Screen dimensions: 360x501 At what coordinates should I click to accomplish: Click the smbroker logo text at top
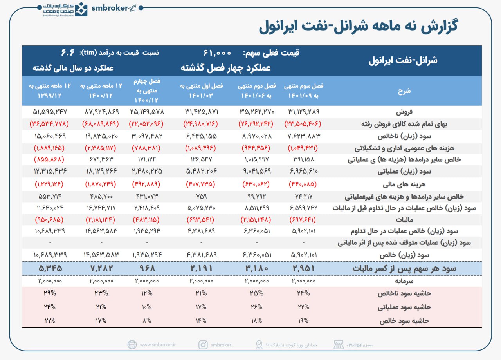point(109,8)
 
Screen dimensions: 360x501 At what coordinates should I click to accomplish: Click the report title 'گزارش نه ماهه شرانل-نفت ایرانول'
point(358,27)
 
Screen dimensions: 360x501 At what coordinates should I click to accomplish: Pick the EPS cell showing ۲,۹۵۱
point(303,268)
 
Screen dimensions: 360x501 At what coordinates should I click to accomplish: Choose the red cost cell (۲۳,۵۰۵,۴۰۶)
point(303,124)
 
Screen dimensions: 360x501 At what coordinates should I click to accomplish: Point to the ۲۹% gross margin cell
point(49,293)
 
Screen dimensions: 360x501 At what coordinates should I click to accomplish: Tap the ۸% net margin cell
point(147,320)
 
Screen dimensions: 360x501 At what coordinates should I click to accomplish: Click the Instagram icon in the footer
point(203,345)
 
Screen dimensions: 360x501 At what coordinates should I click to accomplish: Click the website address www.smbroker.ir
point(158,345)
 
